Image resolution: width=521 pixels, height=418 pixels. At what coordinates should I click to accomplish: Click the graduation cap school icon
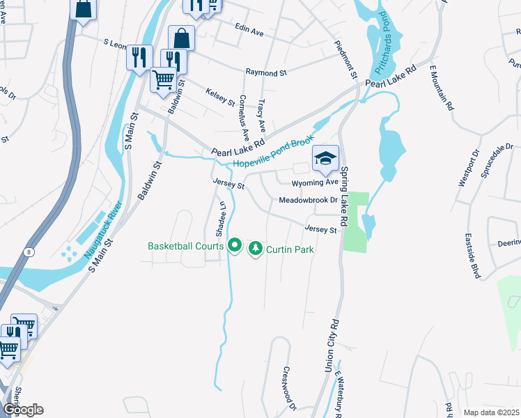[x=325, y=158]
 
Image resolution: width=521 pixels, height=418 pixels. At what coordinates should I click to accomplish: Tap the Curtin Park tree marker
[x=256, y=248]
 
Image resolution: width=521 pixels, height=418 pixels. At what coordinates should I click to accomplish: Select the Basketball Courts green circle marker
[x=235, y=245]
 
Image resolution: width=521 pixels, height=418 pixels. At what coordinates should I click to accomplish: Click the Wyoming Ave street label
[x=314, y=183]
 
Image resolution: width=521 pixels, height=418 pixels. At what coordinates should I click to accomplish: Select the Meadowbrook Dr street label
[x=308, y=200]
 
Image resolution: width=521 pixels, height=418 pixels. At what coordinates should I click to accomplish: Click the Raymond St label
[x=266, y=72]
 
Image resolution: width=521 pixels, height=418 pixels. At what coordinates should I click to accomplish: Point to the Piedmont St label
[x=346, y=55]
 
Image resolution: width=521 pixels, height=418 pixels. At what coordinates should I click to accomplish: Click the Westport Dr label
[x=468, y=168]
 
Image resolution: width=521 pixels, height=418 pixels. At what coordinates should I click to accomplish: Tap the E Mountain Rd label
[x=442, y=87]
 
